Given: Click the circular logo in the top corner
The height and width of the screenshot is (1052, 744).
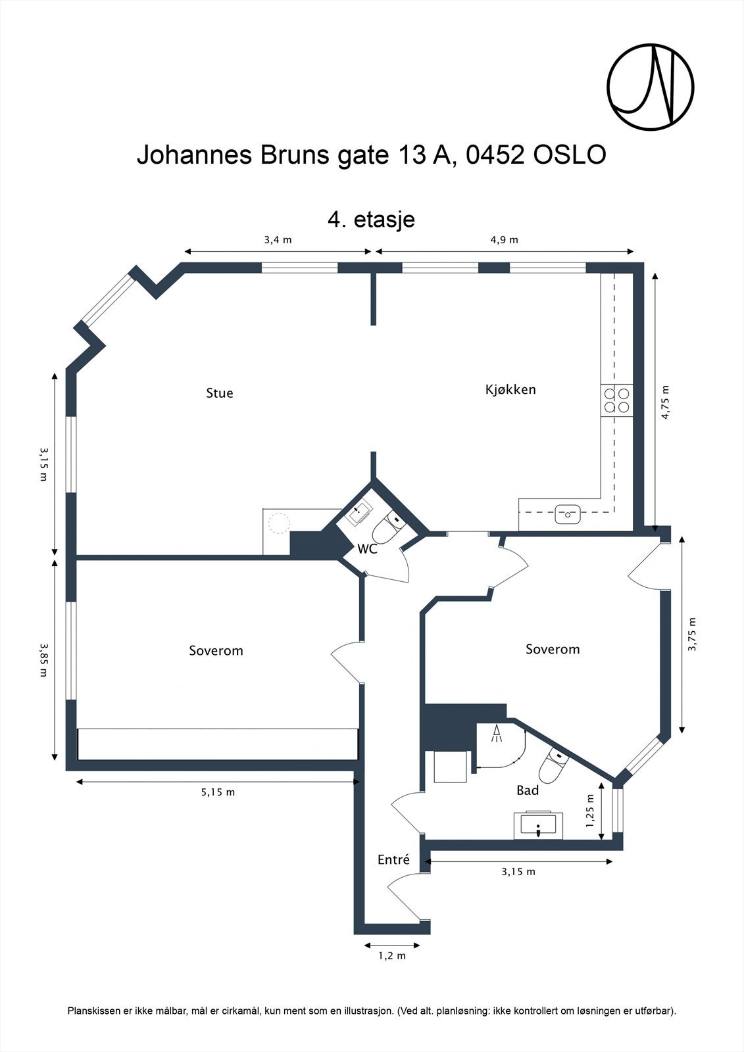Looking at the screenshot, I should pos(650,87).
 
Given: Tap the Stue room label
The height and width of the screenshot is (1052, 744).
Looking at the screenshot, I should pos(220,393).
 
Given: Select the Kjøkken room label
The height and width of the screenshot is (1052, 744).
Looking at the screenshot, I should pos(510,389).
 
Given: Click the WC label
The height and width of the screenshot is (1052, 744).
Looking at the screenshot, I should pos(367,549).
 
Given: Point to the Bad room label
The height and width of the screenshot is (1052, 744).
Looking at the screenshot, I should pos(528,790).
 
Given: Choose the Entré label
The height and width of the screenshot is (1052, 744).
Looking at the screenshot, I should pos(393,859).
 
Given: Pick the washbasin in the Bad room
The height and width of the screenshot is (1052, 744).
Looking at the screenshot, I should pos(539,825).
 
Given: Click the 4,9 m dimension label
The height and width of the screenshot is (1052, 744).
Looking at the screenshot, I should pos(504,240).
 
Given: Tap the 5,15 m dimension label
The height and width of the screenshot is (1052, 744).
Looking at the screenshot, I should pos(218,792).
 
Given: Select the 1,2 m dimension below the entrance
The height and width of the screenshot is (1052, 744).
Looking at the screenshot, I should pos(392,955).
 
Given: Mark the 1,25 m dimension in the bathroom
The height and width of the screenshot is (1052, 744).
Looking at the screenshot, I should pos(590,811).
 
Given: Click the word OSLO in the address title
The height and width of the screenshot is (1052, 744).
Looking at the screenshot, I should pos(570,155).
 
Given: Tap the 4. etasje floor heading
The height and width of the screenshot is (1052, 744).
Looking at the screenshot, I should pos(371,219).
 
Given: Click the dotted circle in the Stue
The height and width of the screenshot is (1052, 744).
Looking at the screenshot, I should pos(279,523).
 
